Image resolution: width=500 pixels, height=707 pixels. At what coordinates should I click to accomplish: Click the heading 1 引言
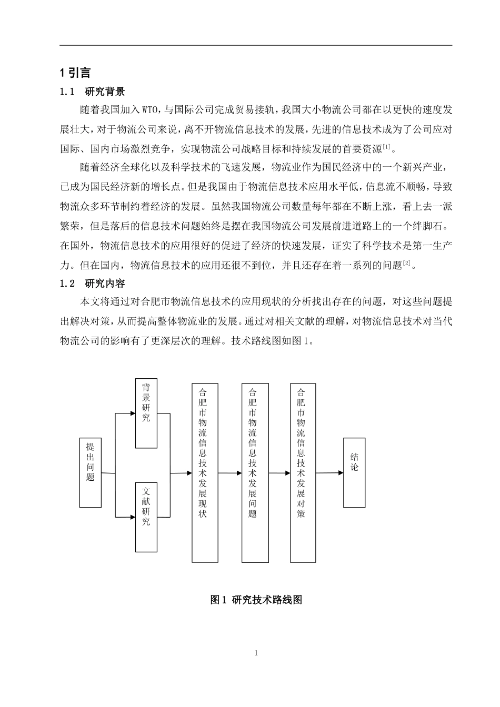(x=75, y=73)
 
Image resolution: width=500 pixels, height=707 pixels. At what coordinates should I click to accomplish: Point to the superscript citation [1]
(x=386, y=146)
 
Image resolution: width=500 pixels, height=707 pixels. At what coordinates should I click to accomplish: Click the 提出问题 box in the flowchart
(x=90, y=472)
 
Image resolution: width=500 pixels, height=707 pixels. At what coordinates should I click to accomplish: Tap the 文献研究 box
(x=146, y=517)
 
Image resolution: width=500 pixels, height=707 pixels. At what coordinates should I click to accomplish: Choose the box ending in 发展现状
(x=204, y=472)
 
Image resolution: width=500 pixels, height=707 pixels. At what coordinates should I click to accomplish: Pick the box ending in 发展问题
(x=255, y=472)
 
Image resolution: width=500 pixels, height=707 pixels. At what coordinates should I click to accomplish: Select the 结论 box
(x=354, y=472)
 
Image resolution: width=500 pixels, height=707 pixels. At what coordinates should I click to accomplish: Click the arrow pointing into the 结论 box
(x=331, y=473)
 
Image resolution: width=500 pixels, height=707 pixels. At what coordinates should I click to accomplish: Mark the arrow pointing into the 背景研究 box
(x=125, y=413)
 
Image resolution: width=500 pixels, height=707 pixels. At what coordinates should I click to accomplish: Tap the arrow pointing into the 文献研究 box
(x=125, y=518)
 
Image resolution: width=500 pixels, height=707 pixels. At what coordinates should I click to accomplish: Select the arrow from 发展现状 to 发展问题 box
(x=229, y=473)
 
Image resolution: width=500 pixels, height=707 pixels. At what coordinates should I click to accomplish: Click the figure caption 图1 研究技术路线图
(x=256, y=600)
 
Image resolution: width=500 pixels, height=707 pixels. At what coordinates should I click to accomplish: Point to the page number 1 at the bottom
(x=256, y=653)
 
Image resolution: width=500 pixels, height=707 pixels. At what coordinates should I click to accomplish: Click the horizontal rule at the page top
(x=256, y=45)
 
